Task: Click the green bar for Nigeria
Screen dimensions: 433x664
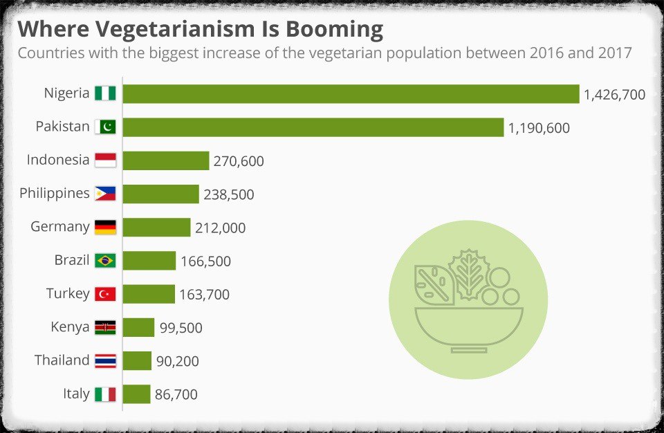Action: pos(351,94)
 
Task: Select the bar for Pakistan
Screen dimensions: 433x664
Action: pos(313,127)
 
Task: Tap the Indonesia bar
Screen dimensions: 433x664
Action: pos(166,160)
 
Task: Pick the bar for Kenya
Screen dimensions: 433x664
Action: pos(138,327)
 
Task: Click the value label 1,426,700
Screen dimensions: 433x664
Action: pos(614,95)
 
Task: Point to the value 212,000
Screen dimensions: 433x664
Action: pos(220,228)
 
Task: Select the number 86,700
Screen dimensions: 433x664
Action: pos(176,394)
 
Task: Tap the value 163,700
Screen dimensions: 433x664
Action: pos(204,295)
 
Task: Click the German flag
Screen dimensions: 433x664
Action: pos(105,228)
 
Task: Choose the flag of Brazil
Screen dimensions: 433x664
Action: pos(105,261)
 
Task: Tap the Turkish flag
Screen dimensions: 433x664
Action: pos(105,294)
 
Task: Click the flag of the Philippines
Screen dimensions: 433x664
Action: pos(105,194)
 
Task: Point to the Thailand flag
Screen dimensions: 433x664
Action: pos(105,360)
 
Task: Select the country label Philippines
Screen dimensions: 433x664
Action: pos(55,193)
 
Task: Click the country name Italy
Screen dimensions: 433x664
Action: pos(76,394)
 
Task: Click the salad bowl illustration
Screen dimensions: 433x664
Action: pos(468,300)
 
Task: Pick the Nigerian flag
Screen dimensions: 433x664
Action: pos(105,93)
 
